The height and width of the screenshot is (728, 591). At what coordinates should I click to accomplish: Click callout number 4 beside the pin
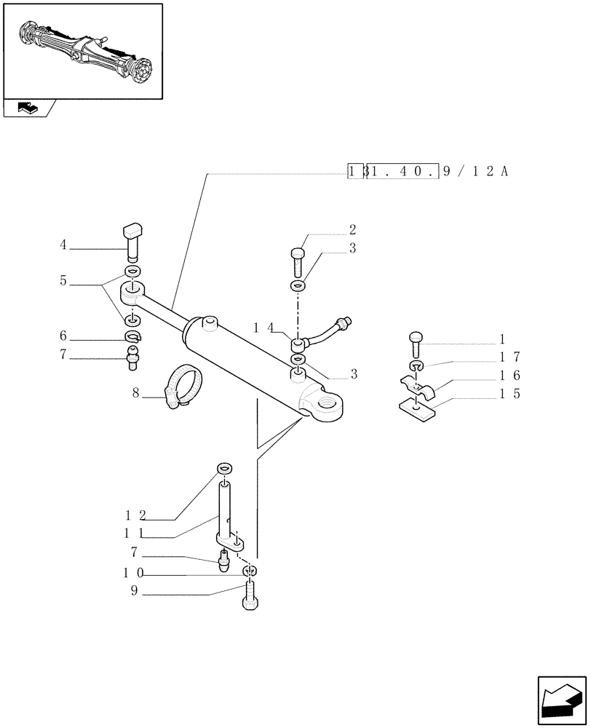pos(63,245)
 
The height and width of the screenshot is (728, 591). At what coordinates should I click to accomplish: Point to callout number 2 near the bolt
pos(352,229)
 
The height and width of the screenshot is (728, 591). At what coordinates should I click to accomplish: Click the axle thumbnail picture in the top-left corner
pos(82,51)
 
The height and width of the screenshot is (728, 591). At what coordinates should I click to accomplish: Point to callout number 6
pos(63,336)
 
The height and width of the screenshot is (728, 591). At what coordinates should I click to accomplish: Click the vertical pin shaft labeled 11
pos(225,510)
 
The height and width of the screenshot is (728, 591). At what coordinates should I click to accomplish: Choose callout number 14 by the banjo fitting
pos(263,328)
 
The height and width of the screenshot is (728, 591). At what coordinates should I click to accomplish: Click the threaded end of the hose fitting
pos(349,320)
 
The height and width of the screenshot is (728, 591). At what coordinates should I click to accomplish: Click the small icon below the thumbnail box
pos(27,109)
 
